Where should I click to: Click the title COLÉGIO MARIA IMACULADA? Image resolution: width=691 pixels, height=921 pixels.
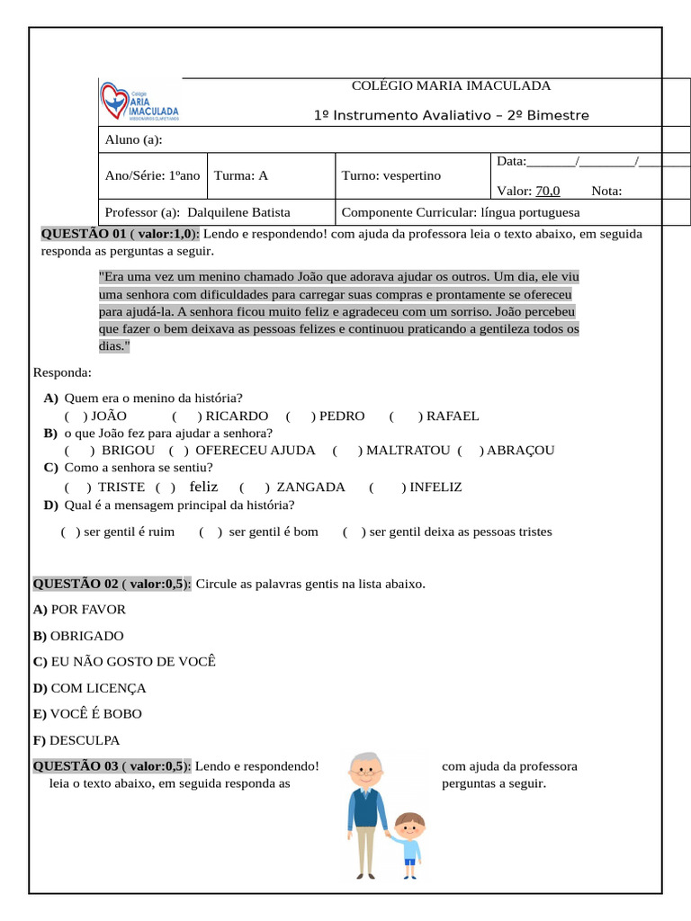451,86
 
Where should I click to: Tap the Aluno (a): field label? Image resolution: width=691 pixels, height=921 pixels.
133,140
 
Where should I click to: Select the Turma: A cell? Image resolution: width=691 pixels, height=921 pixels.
240,175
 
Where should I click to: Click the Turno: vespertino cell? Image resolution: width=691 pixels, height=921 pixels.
391,175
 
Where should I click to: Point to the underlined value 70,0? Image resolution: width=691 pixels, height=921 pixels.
548,191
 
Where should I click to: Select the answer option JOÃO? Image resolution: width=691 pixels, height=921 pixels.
109,416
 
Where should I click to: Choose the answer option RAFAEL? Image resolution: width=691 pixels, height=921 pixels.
452,416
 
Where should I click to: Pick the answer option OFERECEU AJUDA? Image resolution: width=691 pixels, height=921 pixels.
255,450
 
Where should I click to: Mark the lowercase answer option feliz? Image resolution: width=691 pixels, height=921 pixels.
204,487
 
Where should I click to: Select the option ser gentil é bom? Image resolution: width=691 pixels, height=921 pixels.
274,532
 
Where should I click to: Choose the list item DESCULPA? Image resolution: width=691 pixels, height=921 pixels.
85,740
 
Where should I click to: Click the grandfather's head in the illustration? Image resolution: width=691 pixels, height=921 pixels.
365,770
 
